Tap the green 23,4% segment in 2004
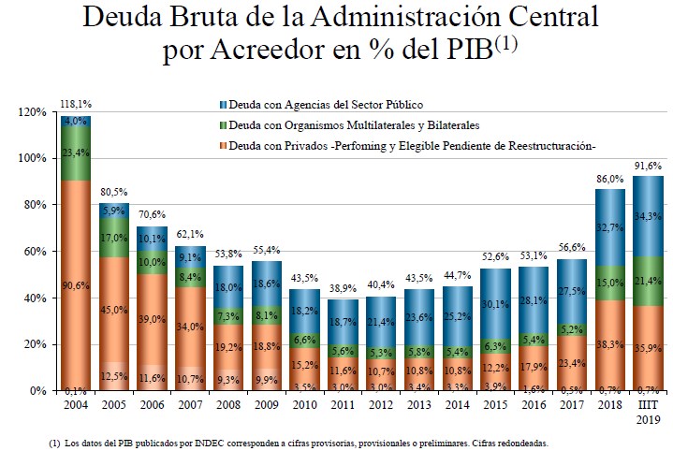coord(77,153)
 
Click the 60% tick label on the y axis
coord(35,252)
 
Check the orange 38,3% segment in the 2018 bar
coord(610,345)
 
